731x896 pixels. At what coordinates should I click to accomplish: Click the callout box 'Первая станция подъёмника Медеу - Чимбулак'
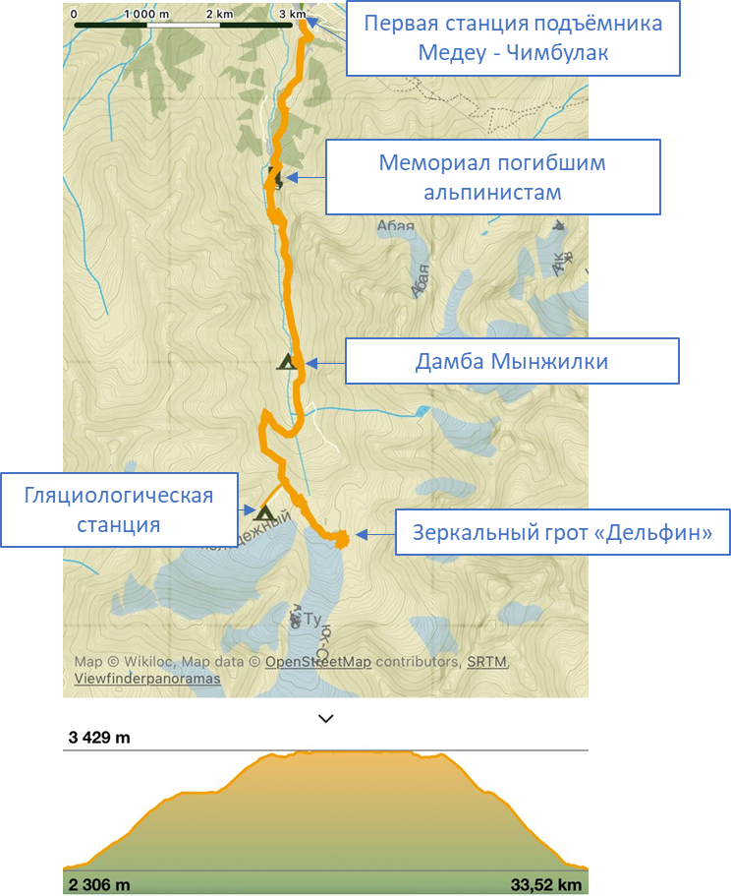pyautogui.click(x=512, y=38)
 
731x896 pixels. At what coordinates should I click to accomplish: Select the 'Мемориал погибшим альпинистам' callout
pyautogui.click(x=492, y=177)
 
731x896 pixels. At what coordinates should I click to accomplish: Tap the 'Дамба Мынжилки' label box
pyautogui.click(x=511, y=362)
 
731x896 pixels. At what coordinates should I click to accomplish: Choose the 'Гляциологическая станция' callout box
pyautogui.click(x=119, y=509)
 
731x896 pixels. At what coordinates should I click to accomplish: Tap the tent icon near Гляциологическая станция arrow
pyautogui.click(x=263, y=512)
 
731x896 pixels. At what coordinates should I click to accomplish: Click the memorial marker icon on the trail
pyautogui.click(x=275, y=179)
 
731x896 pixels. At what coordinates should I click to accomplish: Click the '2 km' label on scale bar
pyautogui.click(x=220, y=15)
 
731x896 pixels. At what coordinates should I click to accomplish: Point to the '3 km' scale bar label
pyautogui.click(x=292, y=15)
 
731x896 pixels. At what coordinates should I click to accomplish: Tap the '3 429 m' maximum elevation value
pyautogui.click(x=99, y=738)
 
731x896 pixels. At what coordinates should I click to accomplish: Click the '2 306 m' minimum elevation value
pyautogui.click(x=99, y=884)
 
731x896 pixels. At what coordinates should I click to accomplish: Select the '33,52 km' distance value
pyautogui.click(x=547, y=884)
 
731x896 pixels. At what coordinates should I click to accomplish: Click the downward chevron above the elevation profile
pyautogui.click(x=326, y=719)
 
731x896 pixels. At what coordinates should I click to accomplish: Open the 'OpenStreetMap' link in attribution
pyautogui.click(x=317, y=662)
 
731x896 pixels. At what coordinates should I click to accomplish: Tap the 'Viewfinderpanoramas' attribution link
pyautogui.click(x=147, y=679)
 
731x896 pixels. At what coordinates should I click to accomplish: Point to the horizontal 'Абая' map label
pyautogui.click(x=390, y=226)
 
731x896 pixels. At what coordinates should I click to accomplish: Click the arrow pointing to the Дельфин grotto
pyautogui.click(x=374, y=535)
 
